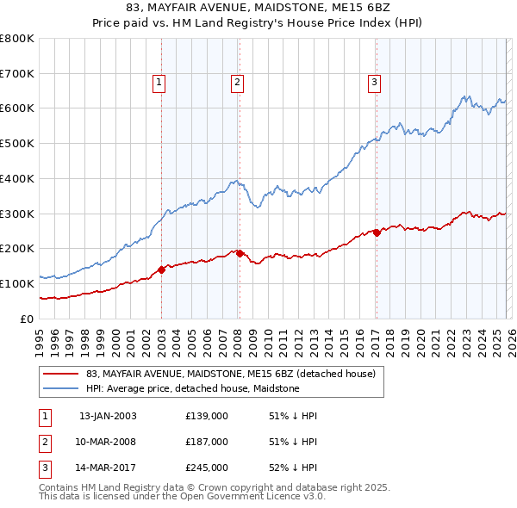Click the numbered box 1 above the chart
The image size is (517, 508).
pos(160,83)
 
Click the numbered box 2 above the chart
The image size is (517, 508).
pos(237,83)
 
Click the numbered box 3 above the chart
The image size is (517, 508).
pos(376,83)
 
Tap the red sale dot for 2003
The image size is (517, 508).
pos(162,269)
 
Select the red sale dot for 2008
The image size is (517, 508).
pos(240,253)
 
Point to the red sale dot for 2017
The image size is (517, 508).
pos(377,232)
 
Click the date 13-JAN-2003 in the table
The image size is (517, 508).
pos(108,416)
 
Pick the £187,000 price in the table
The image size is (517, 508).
pos(207,442)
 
